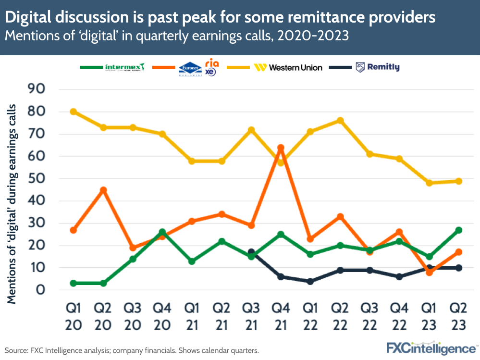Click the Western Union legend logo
pos(288,67)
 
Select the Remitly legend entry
pos(378,67)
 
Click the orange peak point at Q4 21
pos(281,148)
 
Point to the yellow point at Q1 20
pos(74,112)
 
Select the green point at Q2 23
pos(458,230)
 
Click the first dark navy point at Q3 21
pos(251,252)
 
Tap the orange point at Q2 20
pos(103,190)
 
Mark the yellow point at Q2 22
pos(340,120)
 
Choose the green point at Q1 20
pos(74,283)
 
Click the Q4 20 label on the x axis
pos(162,316)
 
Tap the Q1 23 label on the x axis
pos(429,316)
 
